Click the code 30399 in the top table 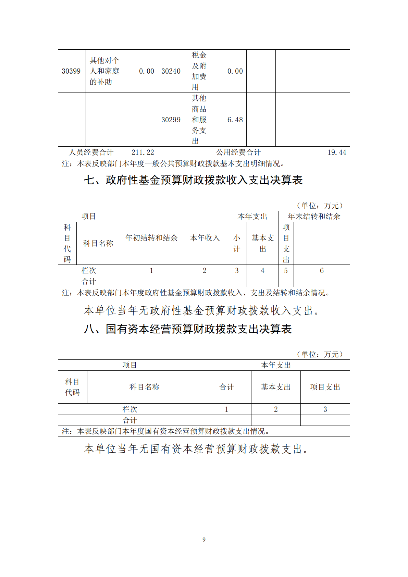coord(71,71)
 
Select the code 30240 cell coord(171,71)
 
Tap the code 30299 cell coord(171,120)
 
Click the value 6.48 coord(235,120)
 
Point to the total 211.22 coord(143,152)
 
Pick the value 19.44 coord(336,152)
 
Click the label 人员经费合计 coord(91,152)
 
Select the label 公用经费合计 coord(238,152)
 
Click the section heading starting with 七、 coord(193,180)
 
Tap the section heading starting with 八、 coord(188,329)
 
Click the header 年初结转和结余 coord(151,238)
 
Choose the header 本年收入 coord(205,238)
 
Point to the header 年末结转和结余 coord(314,217)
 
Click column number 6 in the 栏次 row coord(322,271)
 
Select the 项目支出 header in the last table coord(325,387)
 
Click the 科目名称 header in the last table coord(144,387)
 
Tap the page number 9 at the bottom coord(204,540)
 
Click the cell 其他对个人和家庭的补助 coord(104,71)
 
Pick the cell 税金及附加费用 coord(199,71)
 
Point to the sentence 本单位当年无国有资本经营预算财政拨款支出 coord(196,449)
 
